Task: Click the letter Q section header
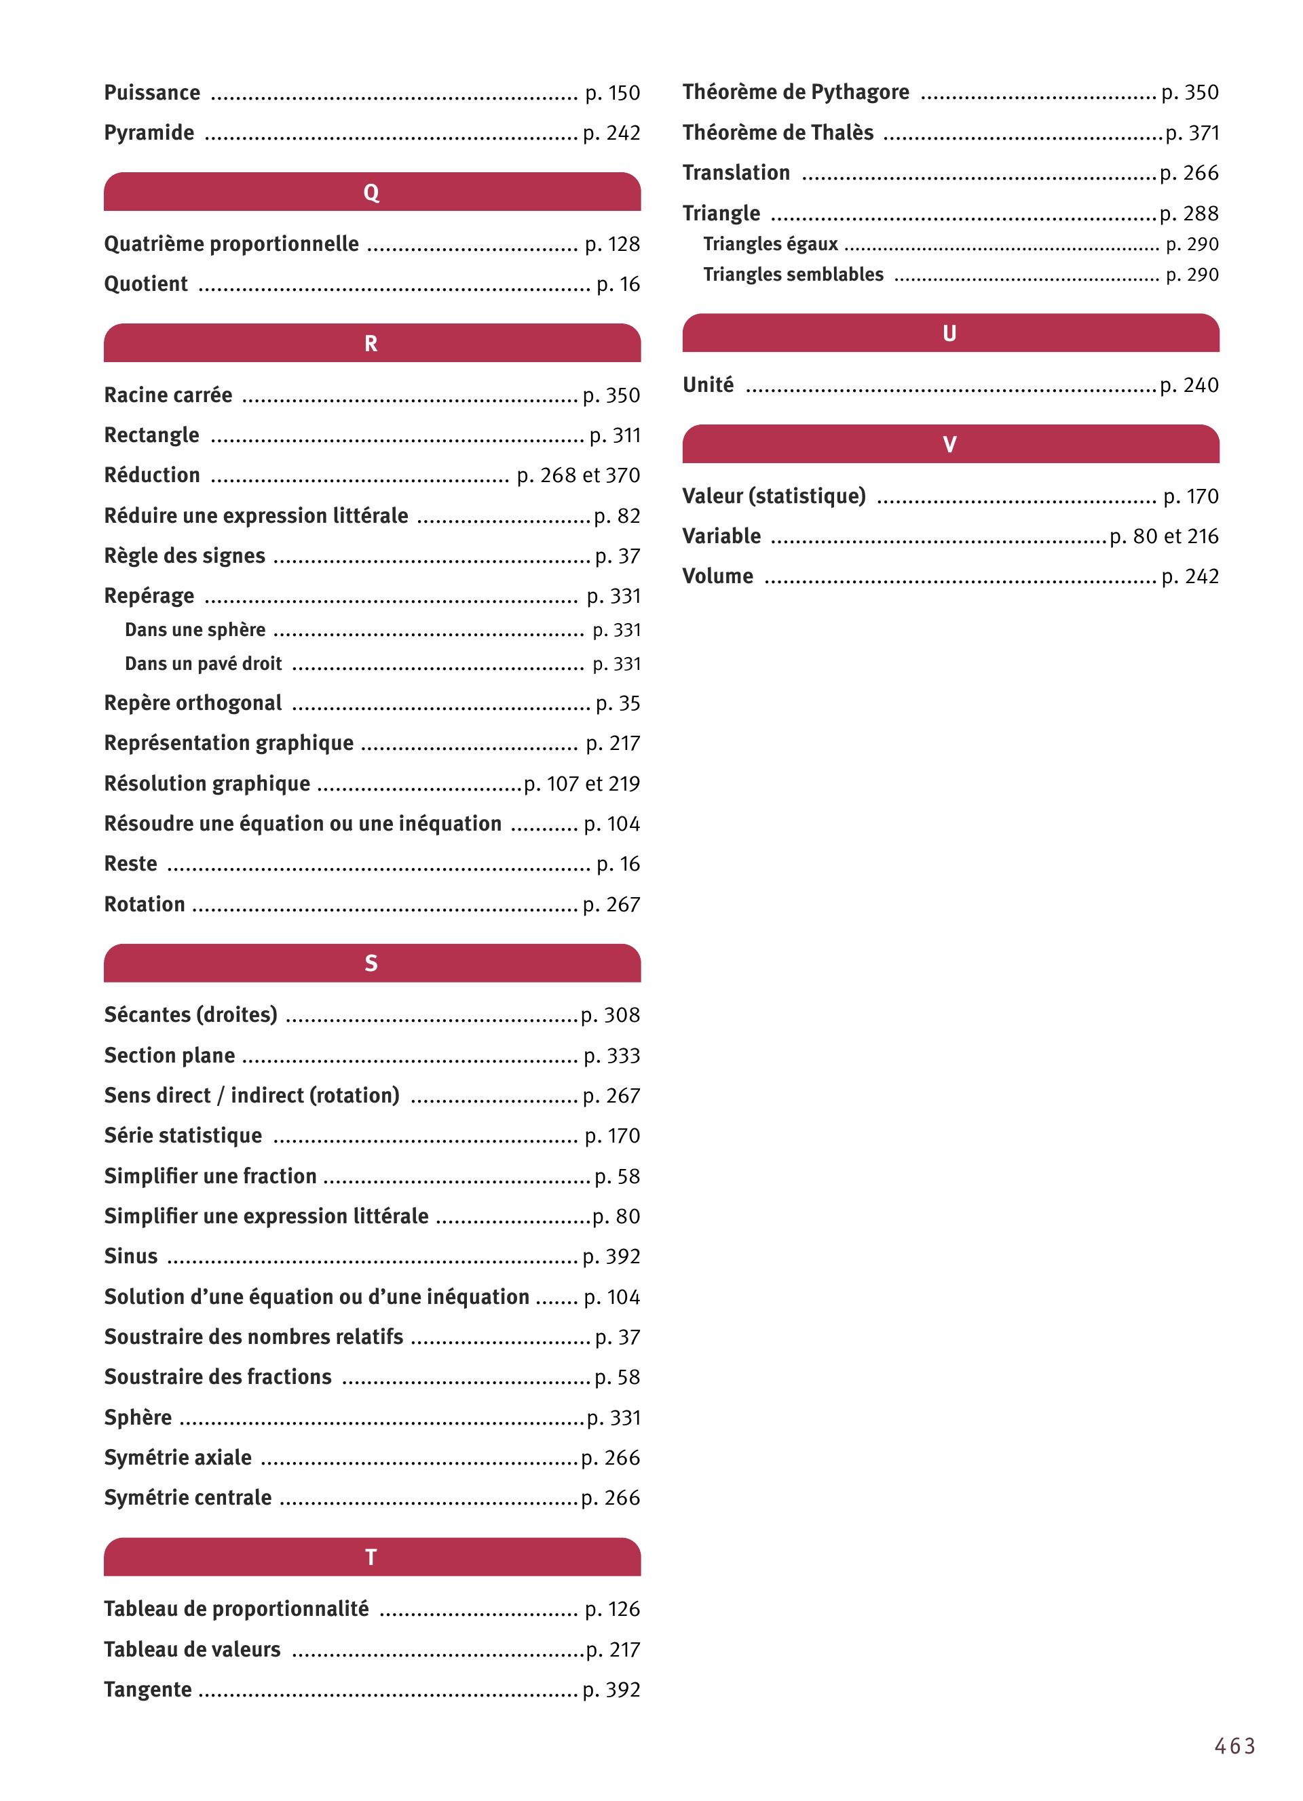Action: coord(371,192)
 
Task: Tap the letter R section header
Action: coord(371,343)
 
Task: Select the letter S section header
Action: coord(371,964)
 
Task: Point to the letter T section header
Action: coord(371,1557)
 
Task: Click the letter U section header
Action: coord(949,334)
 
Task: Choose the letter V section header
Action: coord(949,444)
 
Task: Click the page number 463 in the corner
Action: coord(1234,1746)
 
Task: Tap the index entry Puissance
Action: coord(152,93)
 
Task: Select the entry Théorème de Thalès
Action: coord(778,133)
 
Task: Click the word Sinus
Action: coord(131,1256)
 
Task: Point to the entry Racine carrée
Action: coord(168,395)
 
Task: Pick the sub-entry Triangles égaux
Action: coord(770,244)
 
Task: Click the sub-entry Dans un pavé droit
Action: coord(204,664)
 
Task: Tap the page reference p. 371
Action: coord(1192,133)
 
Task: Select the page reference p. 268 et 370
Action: coord(578,475)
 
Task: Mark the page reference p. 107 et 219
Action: coord(582,784)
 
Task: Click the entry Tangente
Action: coord(148,1689)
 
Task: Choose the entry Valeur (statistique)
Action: coord(774,496)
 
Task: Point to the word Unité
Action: coord(708,385)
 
